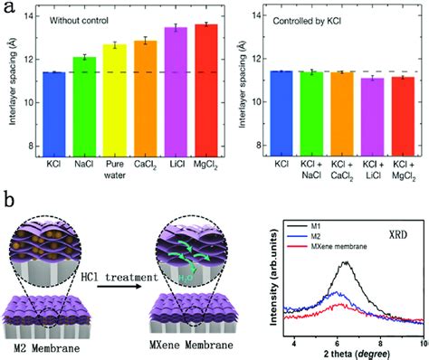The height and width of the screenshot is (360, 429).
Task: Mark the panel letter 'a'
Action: [x=8, y=9]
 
